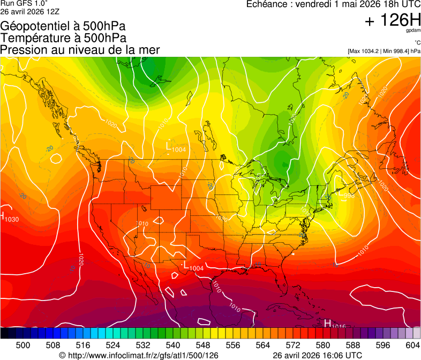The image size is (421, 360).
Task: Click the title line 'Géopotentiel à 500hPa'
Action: (x=63, y=26)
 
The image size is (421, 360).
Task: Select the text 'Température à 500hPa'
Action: (x=63, y=38)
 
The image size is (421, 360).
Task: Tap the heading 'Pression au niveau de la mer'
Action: (x=80, y=50)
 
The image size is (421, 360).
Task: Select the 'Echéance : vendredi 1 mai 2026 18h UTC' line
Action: (x=333, y=4)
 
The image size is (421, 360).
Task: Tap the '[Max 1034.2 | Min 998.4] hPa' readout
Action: (x=384, y=51)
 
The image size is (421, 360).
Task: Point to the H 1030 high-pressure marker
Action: (x=10, y=218)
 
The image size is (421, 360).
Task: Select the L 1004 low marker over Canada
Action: (x=176, y=147)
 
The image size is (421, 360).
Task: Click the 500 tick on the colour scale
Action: (x=23, y=346)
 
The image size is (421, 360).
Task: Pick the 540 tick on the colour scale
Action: (x=173, y=346)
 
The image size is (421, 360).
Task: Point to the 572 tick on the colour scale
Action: (x=293, y=346)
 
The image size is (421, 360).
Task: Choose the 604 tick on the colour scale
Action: (x=413, y=346)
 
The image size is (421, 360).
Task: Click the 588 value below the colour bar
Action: (x=353, y=346)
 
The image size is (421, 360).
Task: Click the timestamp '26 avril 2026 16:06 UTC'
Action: (x=317, y=355)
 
